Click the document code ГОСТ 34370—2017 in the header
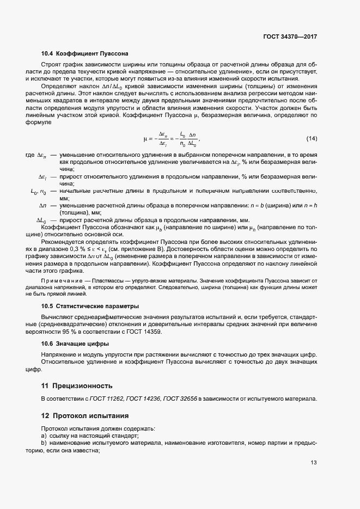[x=289, y=36]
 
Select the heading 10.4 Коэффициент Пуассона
[x=84, y=54]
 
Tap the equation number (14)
[x=312, y=138]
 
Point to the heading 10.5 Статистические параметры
[x=90, y=306]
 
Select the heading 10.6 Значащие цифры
[x=75, y=344]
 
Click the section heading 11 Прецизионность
[x=77, y=385]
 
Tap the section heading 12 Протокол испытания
[x=85, y=416]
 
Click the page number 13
[x=313, y=463]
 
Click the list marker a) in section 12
[x=44, y=436]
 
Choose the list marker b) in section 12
[x=44, y=444]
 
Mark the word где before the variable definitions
[x=30, y=156]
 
